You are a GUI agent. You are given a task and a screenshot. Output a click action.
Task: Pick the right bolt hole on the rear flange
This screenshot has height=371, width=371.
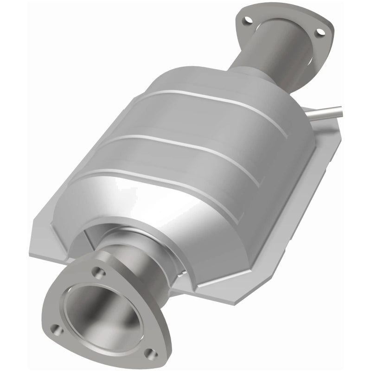(320, 32)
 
